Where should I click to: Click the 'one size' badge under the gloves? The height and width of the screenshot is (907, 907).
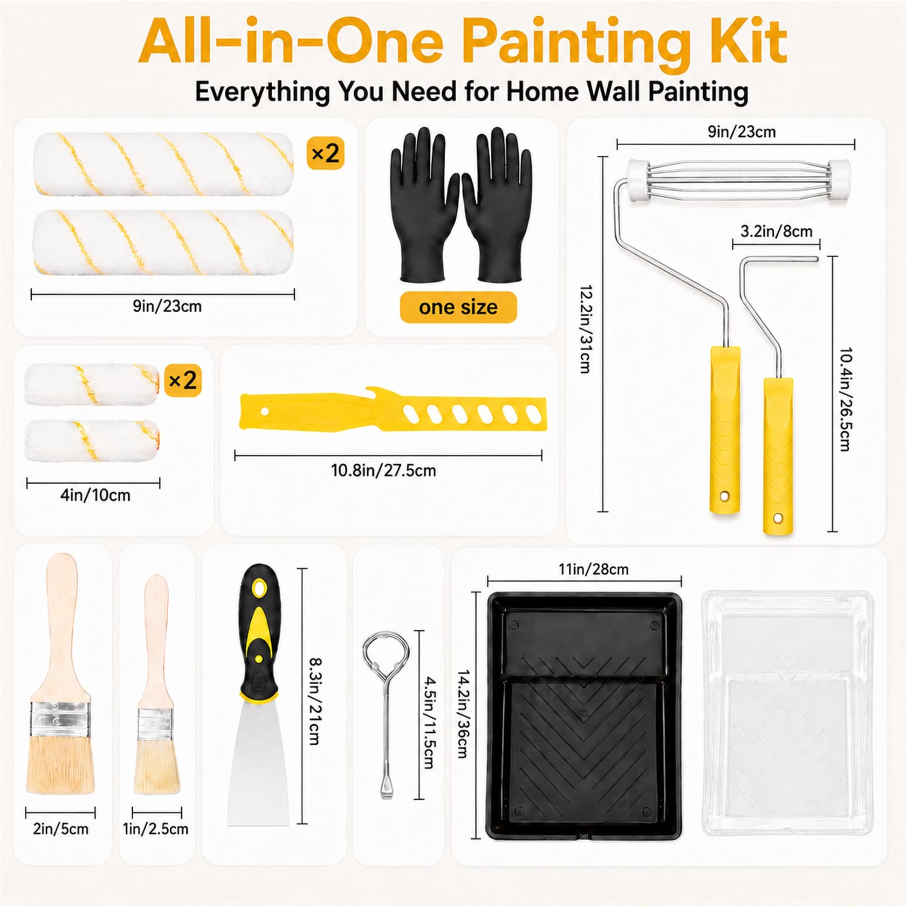458,308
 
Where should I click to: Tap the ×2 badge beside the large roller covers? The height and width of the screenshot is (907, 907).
325,153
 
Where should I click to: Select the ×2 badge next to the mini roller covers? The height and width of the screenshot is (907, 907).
183,380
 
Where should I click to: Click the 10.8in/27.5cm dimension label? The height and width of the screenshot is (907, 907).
384,470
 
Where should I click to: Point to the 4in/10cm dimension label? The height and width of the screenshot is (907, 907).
95,495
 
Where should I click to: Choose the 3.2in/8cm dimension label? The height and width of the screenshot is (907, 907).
776,232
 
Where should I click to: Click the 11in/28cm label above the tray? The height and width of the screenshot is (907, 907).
593,570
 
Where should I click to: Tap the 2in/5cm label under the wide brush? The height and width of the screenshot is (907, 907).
61,829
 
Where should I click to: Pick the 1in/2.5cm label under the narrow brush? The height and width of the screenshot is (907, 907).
156,829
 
